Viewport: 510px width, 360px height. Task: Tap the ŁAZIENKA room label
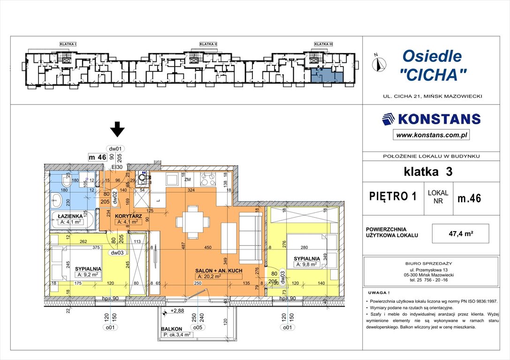(70, 216)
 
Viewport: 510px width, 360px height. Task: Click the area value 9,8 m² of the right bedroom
(307, 264)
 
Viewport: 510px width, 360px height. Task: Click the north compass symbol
(380, 62)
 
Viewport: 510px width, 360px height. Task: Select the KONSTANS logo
(431, 119)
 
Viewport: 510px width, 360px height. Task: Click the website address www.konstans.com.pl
(431, 135)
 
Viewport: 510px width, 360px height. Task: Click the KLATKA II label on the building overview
(208, 44)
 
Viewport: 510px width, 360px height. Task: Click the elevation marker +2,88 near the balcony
(176, 311)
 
